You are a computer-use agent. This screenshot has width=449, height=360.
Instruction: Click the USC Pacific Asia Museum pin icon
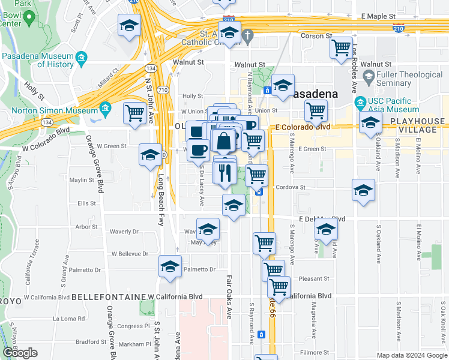pyautogui.click(x=360, y=101)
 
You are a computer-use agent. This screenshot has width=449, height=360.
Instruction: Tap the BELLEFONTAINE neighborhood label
pyautogui.click(x=108, y=297)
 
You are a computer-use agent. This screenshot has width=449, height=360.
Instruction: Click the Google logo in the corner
pyautogui.click(x=20, y=353)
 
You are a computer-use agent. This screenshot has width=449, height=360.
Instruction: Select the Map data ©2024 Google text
pyautogui.click(x=411, y=355)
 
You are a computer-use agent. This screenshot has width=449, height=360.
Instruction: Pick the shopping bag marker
pyautogui.click(x=223, y=142)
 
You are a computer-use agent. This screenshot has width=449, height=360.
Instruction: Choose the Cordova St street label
pyautogui.click(x=291, y=187)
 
